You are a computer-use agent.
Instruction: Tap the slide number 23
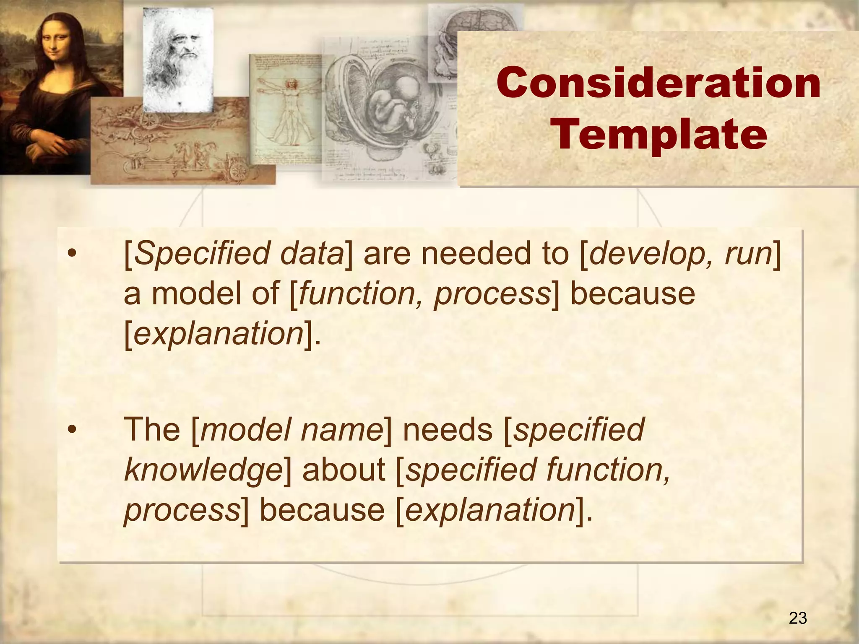(x=798, y=618)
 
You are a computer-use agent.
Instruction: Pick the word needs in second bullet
(x=448, y=430)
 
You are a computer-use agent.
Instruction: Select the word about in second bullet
(x=343, y=470)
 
